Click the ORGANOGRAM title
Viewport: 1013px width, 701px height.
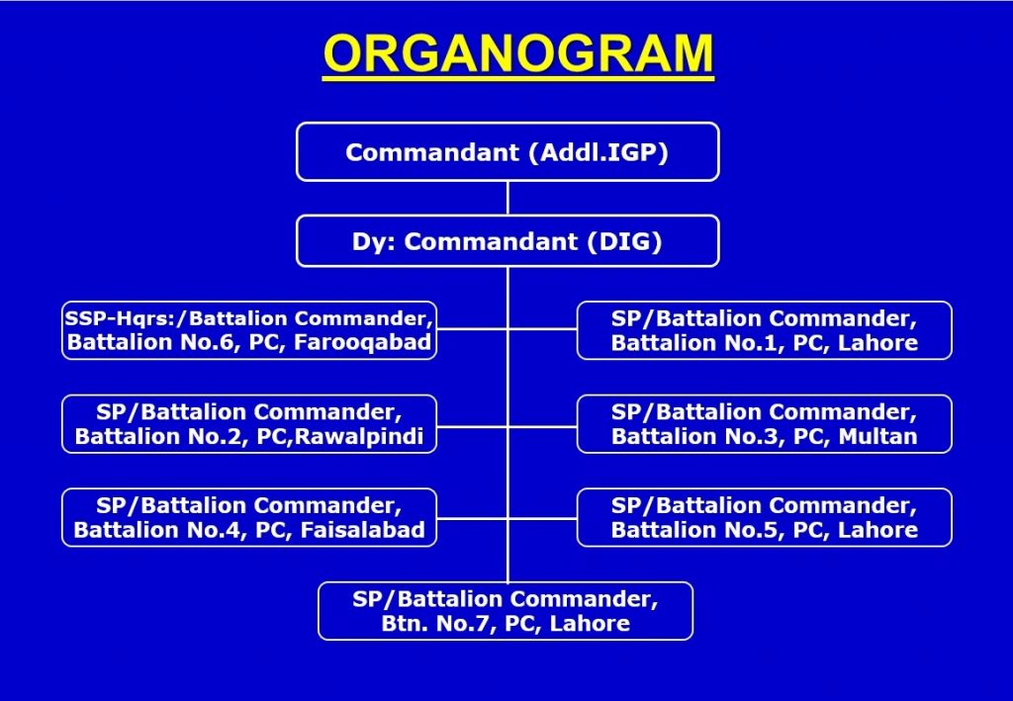pos(518,53)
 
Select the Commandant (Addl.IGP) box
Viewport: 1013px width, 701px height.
pos(507,151)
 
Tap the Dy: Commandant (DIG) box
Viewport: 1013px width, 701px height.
pos(507,241)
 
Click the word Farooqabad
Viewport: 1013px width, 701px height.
pos(362,342)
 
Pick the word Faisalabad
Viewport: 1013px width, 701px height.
pos(363,530)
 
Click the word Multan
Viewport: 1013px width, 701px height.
pos(878,436)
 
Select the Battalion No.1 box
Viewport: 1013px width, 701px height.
pos(765,330)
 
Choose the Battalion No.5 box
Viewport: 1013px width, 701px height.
pos(765,518)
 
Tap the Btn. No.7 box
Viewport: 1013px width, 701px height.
pos(506,611)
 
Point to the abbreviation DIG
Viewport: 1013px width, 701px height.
pos(625,241)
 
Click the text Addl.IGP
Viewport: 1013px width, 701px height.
pos(599,152)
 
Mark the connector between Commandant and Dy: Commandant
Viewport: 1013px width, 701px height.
pos(507,198)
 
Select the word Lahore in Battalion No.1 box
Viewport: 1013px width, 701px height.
pos(878,343)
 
